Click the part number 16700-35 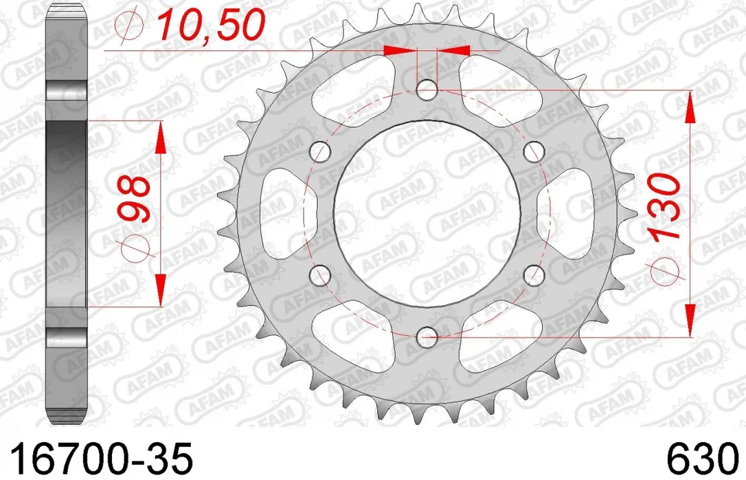(x=102, y=459)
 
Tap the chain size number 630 (x=701, y=459)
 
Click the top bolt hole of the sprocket (x=427, y=91)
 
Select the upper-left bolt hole (x=319, y=152)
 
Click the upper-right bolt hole (x=533, y=152)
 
